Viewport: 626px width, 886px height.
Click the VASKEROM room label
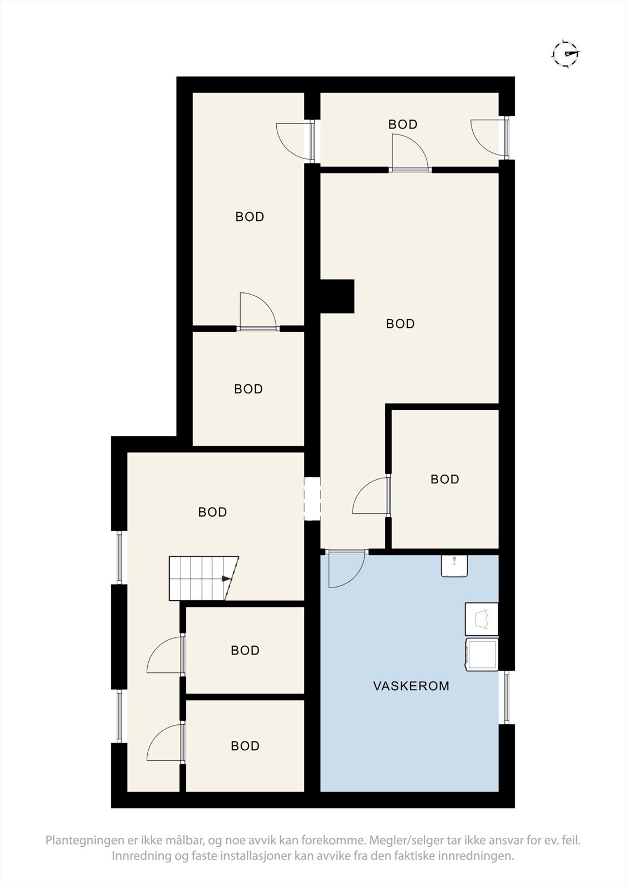[411, 686]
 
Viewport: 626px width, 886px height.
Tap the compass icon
[566, 54]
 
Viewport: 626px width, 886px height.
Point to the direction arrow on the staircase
[226, 579]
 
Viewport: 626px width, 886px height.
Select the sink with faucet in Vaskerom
[454, 566]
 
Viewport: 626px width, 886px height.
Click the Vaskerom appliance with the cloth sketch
[482, 619]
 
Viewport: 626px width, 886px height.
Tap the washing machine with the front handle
[482, 654]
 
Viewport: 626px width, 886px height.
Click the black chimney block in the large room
[337, 296]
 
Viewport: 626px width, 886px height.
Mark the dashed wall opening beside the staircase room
[313, 498]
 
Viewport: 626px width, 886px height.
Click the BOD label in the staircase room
[213, 512]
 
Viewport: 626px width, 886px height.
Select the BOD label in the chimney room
[400, 324]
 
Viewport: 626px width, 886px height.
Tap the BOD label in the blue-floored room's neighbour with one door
[444, 479]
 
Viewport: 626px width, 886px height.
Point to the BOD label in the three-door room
[402, 125]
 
